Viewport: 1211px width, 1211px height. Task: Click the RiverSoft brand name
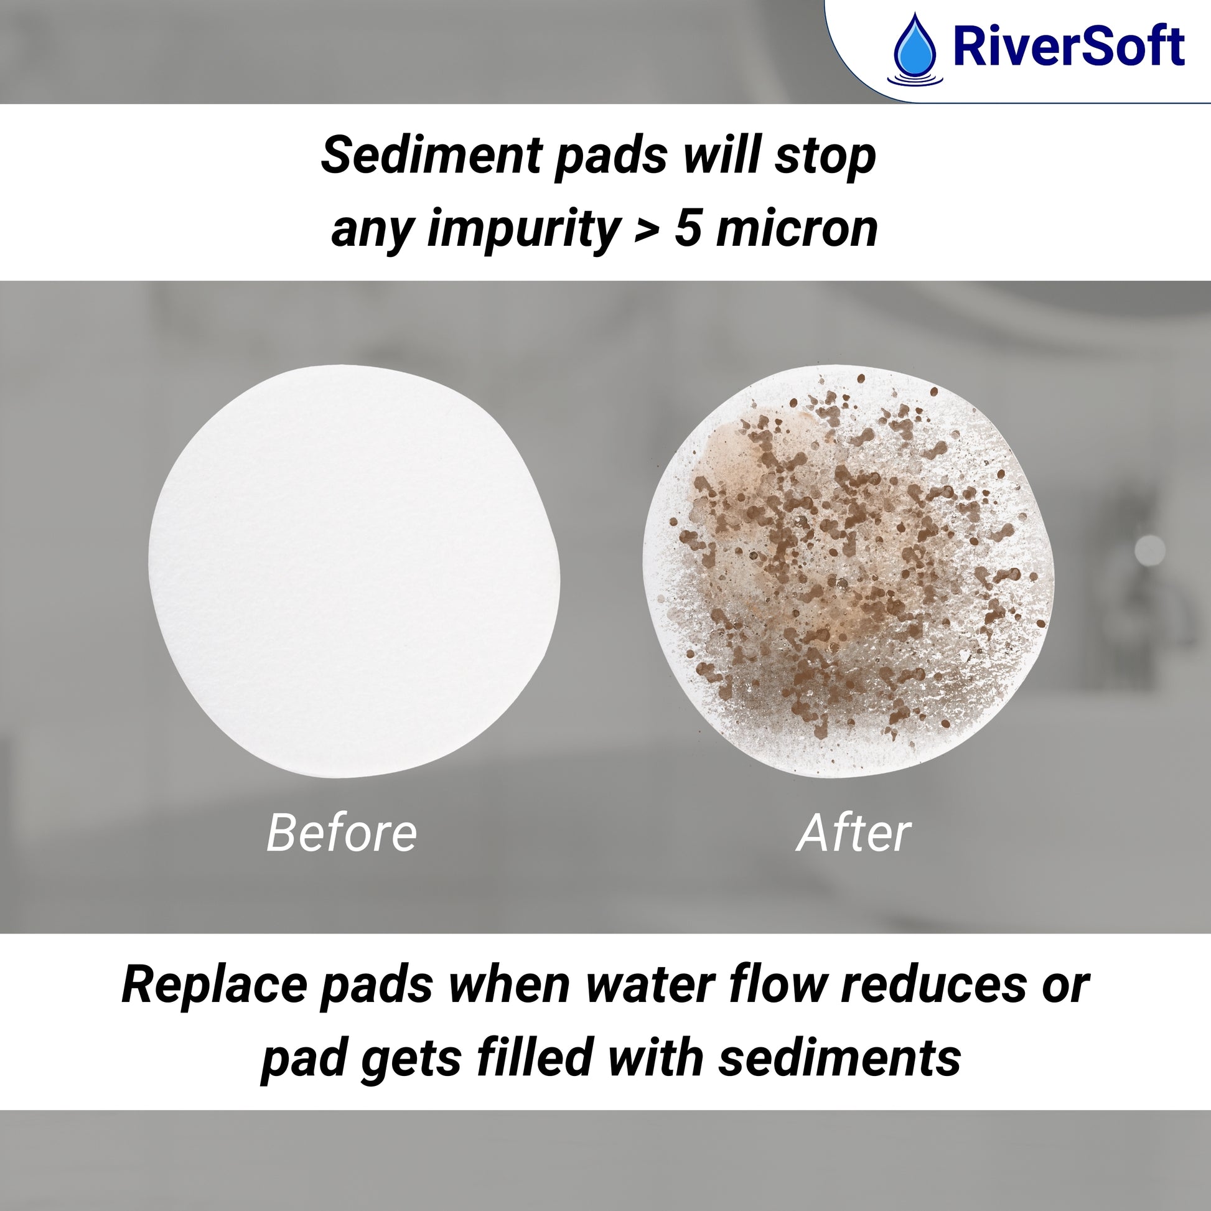(1068, 47)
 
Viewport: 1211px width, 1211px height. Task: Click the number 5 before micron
(688, 229)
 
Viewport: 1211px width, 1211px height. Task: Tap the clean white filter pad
(355, 571)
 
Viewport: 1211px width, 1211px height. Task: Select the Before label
(342, 833)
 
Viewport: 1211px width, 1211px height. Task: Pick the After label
(853, 833)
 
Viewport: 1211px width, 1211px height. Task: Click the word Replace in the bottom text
(214, 985)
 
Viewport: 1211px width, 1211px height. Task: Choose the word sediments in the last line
(840, 1059)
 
